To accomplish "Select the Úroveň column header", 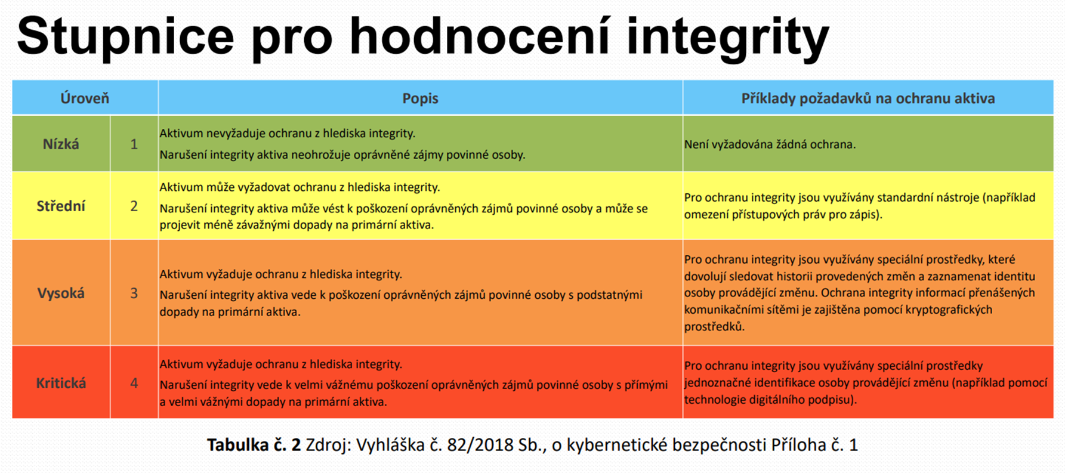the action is click(x=85, y=98).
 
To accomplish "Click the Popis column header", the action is click(x=420, y=98).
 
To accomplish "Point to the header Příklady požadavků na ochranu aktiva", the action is click(x=868, y=98).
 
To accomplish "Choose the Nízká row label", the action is click(x=61, y=144).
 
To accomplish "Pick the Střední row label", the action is click(x=61, y=206).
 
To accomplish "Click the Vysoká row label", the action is click(x=61, y=293).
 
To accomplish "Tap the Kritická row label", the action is click(x=61, y=383).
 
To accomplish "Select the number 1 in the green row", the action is click(x=134, y=144).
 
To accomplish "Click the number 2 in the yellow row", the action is click(x=134, y=206).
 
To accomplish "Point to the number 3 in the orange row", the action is click(x=134, y=293).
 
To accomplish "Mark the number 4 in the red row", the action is click(x=134, y=383).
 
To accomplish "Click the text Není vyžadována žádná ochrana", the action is click(x=770, y=144).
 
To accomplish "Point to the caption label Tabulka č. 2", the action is click(x=254, y=445).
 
